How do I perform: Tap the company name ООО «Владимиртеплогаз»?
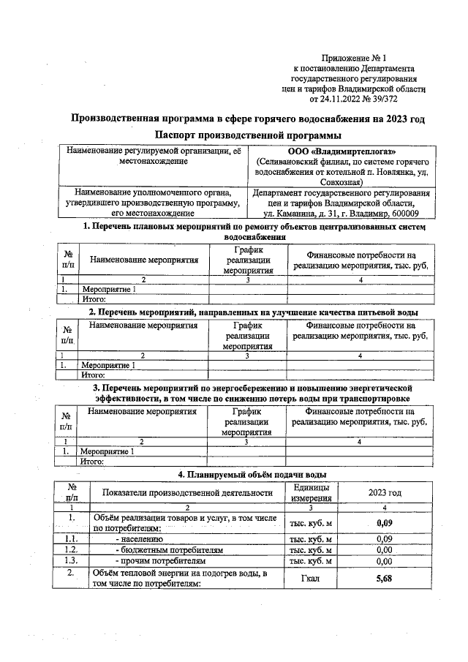coord(342,151)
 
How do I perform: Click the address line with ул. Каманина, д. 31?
coord(341,214)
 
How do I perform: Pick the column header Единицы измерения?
coord(311,493)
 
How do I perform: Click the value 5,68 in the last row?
coord(384,577)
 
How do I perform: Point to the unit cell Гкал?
coord(311,577)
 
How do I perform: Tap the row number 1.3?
coord(72,561)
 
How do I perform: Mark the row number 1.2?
coord(72,549)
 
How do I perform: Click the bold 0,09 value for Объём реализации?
coord(384,522)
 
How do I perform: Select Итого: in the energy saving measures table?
coord(93,462)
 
